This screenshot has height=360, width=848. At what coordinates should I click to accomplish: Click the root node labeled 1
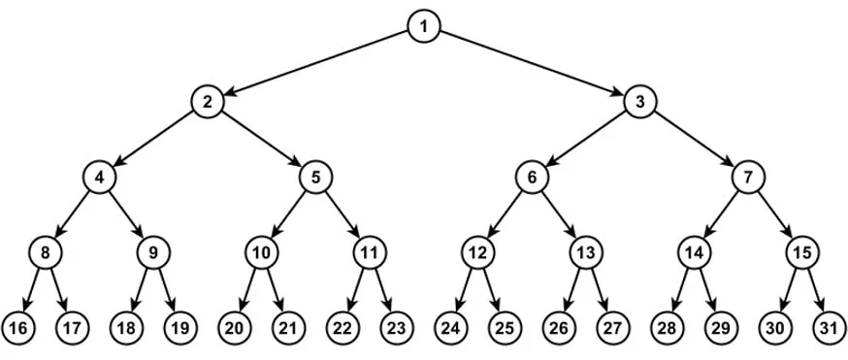point(423,26)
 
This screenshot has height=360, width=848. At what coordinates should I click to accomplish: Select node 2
point(207,102)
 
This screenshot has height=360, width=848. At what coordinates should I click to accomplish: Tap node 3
point(639,102)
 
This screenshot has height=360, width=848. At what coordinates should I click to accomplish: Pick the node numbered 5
point(315,178)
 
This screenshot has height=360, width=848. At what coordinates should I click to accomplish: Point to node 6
point(532,178)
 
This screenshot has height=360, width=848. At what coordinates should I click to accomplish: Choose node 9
point(153,253)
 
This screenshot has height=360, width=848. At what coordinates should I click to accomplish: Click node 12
point(477,253)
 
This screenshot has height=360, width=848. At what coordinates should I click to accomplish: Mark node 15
point(802,253)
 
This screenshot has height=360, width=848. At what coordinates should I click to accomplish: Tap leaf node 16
point(18,329)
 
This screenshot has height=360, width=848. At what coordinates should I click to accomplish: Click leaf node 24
point(450,329)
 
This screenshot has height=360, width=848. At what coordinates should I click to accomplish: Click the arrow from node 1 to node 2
point(315,64)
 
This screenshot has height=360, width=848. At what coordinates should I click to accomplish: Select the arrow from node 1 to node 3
point(532,64)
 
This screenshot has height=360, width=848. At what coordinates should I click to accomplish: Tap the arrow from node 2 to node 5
point(261,140)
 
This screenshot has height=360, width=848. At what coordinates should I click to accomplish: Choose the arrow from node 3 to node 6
point(586,140)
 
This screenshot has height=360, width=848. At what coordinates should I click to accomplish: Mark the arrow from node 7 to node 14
point(721,215)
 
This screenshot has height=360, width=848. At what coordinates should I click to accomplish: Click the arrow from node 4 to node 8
point(72,215)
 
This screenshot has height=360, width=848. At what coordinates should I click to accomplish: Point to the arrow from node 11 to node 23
point(383,291)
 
